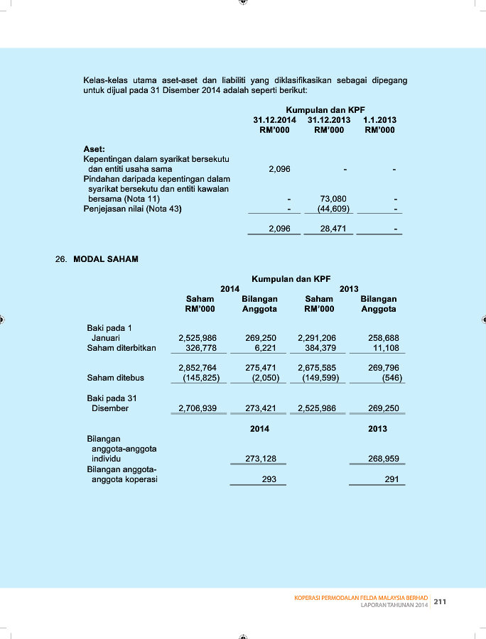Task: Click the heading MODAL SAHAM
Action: pyautogui.click(x=106, y=259)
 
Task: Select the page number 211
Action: pyautogui.click(x=440, y=601)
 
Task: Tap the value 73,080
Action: pyautogui.click(x=334, y=200)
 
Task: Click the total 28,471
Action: pyautogui.click(x=334, y=229)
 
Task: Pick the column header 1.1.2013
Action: pyautogui.click(x=379, y=120)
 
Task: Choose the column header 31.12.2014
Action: pyautogui.click(x=275, y=120)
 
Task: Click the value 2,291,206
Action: pyautogui.click(x=317, y=338)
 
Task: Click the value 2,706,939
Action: pyautogui.click(x=198, y=408)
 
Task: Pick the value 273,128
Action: pyautogui.click(x=261, y=459)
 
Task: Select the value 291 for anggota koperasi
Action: pyautogui.click(x=391, y=479)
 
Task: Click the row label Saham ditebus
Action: pyautogui.click(x=115, y=378)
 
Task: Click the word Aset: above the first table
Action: pyautogui.click(x=94, y=149)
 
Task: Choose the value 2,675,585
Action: pyautogui.click(x=317, y=368)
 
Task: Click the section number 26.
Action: pyautogui.click(x=60, y=259)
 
